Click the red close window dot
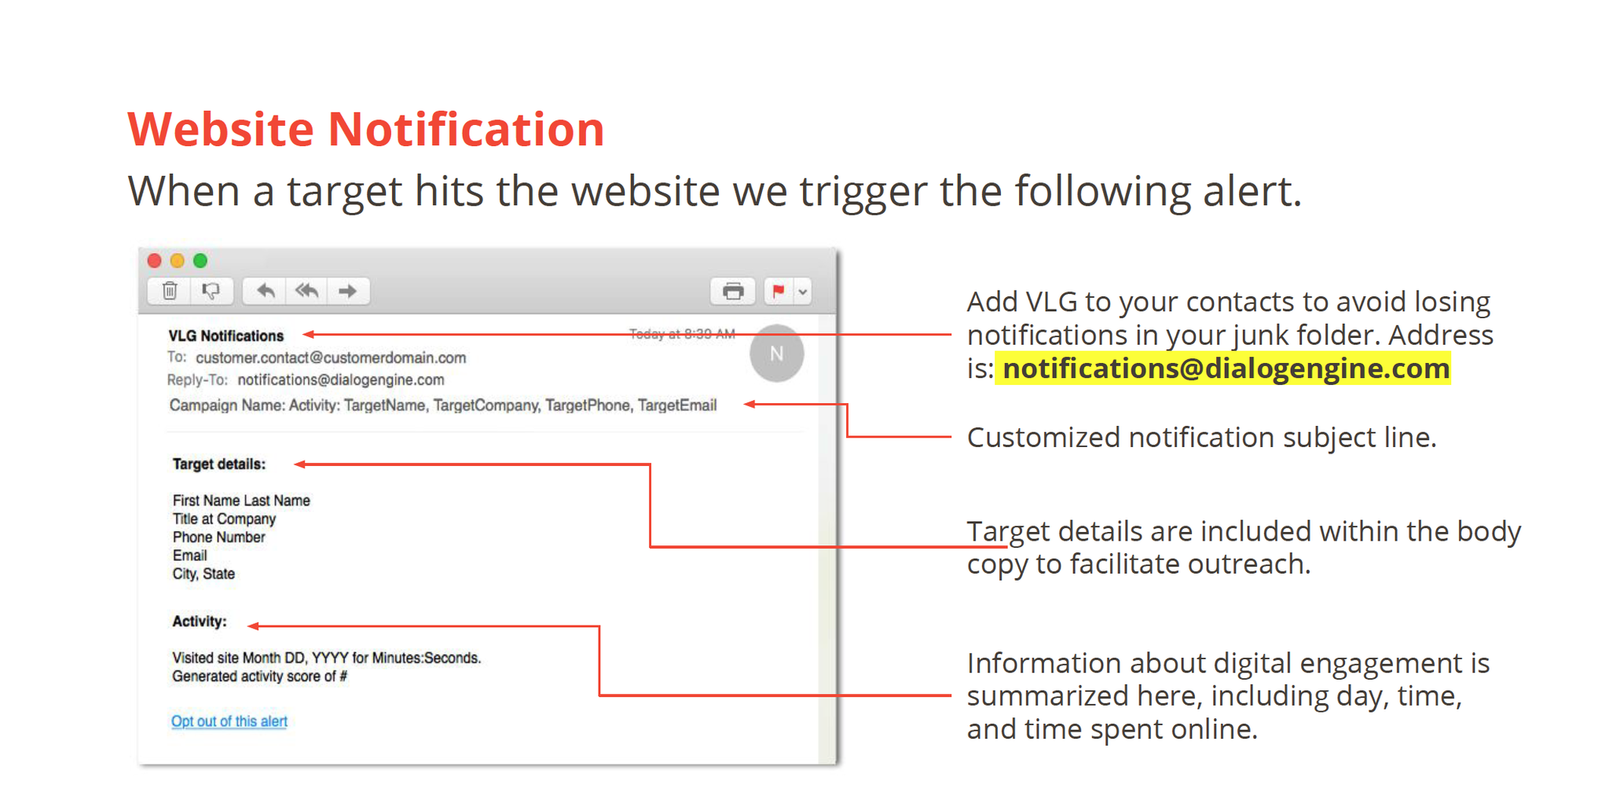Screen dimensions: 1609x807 (155, 261)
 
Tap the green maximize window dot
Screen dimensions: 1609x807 (200, 261)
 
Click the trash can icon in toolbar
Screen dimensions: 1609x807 (170, 291)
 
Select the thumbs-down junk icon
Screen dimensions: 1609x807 (211, 291)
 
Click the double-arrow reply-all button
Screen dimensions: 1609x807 (306, 291)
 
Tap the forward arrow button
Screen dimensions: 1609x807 (347, 291)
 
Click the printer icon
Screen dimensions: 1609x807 (733, 292)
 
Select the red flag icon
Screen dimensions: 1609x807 (779, 291)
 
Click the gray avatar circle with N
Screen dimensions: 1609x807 (776, 354)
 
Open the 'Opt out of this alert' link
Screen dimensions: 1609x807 (229, 721)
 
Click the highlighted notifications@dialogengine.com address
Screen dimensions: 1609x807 (1226, 369)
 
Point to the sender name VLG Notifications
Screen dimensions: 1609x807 (226, 336)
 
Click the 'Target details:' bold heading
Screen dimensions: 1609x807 (219, 464)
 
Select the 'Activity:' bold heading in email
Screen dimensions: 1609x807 (200, 622)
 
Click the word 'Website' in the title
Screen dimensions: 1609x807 (221, 129)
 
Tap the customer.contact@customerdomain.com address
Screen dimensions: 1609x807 (331, 358)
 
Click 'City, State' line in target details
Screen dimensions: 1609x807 (203, 574)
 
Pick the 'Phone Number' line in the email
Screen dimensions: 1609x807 (218, 537)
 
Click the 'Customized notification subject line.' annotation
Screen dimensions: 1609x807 (1201, 438)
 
